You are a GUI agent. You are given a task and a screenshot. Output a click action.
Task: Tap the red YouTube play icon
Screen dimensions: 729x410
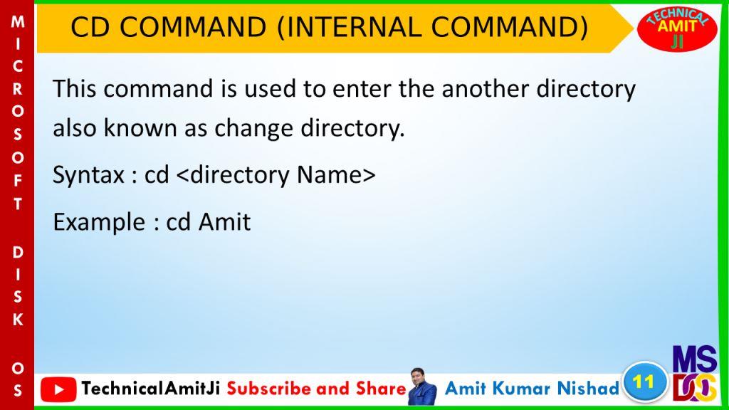click(58, 389)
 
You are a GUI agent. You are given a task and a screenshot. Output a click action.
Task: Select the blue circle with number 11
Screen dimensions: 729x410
click(644, 382)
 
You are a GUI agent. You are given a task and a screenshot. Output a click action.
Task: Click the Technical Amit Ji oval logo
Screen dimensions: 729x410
click(677, 28)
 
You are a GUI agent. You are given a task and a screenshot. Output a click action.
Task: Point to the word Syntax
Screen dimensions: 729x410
click(88, 176)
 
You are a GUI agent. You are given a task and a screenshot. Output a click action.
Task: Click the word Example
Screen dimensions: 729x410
click(99, 222)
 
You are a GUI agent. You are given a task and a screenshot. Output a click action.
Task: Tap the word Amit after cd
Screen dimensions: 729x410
click(224, 221)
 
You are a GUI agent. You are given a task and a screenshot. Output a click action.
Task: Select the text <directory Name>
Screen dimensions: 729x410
click(276, 176)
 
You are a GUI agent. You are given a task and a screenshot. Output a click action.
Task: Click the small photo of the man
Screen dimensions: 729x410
click(422, 387)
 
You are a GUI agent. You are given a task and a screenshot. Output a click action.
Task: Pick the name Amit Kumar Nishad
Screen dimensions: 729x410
click(532, 388)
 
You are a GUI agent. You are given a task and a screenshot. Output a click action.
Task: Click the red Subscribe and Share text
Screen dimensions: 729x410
click(317, 389)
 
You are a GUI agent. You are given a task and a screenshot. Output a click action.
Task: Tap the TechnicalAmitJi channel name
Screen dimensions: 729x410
click(151, 389)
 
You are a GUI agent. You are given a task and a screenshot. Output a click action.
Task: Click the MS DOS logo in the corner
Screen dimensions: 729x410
click(695, 373)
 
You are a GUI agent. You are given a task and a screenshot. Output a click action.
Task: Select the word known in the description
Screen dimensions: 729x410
click(140, 128)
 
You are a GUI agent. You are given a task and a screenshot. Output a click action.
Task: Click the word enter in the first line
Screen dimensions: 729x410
click(362, 89)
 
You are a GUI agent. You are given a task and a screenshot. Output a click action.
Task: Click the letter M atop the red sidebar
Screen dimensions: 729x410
click(18, 21)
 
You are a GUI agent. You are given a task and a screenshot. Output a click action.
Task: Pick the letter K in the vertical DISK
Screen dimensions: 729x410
click(18, 320)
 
